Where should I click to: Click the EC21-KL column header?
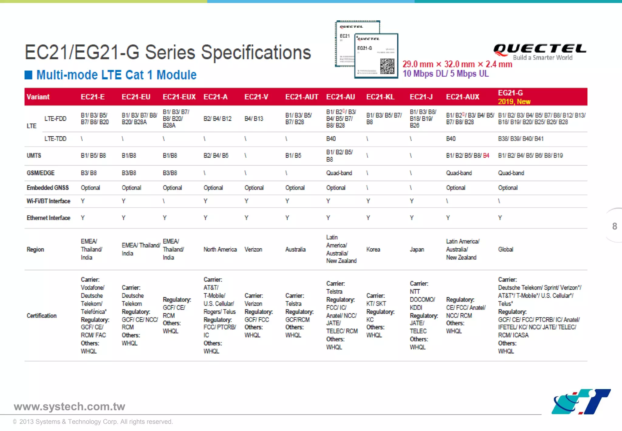pyautogui.click(x=380, y=97)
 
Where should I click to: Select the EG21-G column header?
pyautogui.click(x=514, y=97)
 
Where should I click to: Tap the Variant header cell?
pyautogui.click(x=38, y=97)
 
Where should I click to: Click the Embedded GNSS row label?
pyautogui.click(x=48, y=188)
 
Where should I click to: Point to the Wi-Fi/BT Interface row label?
pyautogui.click(x=48, y=201)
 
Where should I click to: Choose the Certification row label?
pyautogui.click(x=42, y=316)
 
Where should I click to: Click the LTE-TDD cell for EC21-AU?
pyautogui.click(x=331, y=139)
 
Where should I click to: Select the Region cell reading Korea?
pyautogui.click(x=373, y=250)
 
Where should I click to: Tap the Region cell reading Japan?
pyautogui.click(x=417, y=250)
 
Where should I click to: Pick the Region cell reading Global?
pyautogui.click(x=505, y=250)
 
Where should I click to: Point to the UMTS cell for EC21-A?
pyautogui.click(x=216, y=156)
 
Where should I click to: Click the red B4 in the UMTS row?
pyautogui.click(x=486, y=156)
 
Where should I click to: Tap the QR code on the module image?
pyautogui.click(x=387, y=66)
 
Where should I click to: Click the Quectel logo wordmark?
pyautogui.click(x=540, y=49)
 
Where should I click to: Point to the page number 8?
pyautogui.click(x=614, y=226)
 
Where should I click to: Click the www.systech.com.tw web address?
pyautogui.click(x=69, y=407)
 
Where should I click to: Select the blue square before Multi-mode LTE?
pyautogui.click(x=28, y=75)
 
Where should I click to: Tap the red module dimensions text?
pyautogui.click(x=457, y=64)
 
